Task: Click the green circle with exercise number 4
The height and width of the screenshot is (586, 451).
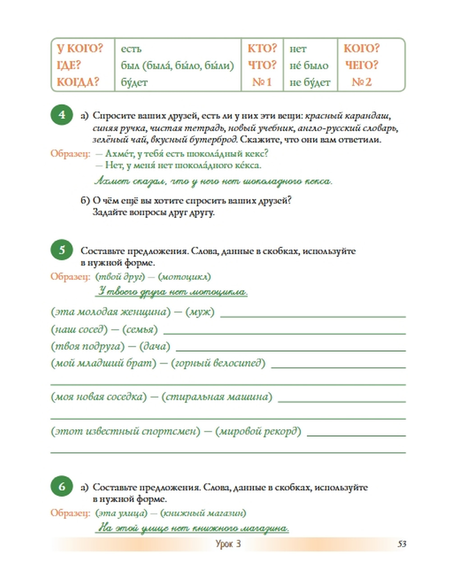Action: [x=62, y=115]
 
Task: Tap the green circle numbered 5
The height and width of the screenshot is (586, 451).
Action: [x=62, y=250]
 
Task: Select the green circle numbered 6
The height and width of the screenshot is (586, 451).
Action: [x=62, y=487]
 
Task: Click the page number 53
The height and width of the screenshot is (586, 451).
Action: [x=402, y=544]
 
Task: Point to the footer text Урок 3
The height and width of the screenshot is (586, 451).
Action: [x=228, y=544]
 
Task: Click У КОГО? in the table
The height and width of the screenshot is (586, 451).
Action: [x=80, y=49]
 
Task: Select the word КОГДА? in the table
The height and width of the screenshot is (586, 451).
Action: [x=78, y=82]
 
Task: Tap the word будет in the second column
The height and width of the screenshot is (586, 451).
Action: [x=134, y=82]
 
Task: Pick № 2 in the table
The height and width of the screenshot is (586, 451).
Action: [x=362, y=82]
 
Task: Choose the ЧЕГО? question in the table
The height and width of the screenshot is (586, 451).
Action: [x=362, y=65]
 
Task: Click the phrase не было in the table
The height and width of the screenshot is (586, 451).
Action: [x=309, y=66]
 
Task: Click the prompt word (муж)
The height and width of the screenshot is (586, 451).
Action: [x=200, y=312]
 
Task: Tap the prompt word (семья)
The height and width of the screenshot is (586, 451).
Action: [x=140, y=330]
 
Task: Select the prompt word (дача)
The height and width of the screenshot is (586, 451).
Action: [x=155, y=347]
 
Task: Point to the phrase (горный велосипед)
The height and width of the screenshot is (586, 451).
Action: [x=218, y=363]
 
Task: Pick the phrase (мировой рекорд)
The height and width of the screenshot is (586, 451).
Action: [x=258, y=431]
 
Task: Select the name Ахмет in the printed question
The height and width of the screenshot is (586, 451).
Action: [x=119, y=154]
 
